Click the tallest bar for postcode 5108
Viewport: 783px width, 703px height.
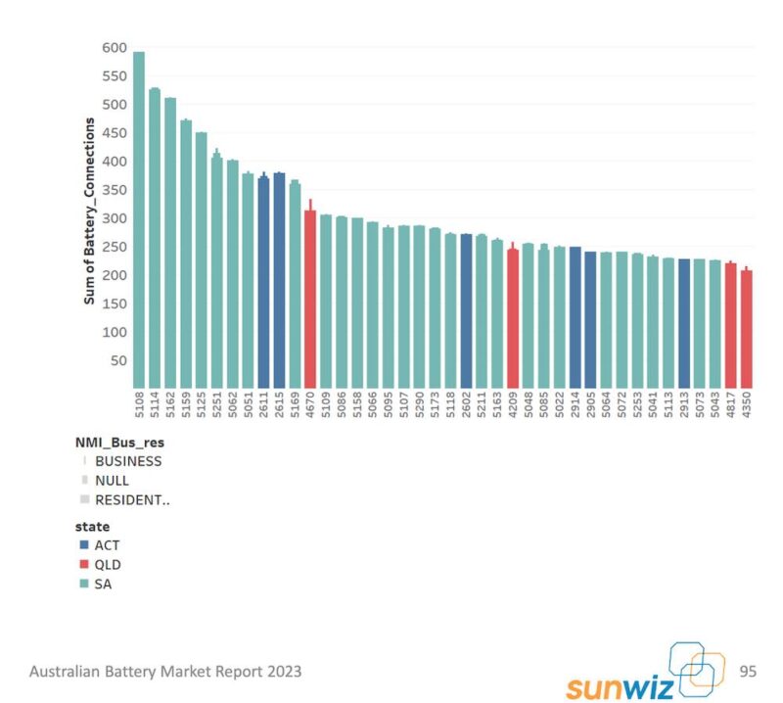(x=139, y=219)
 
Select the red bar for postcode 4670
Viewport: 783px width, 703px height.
(x=310, y=299)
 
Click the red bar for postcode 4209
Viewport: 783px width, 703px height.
(x=513, y=318)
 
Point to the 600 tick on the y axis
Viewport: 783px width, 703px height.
(x=114, y=48)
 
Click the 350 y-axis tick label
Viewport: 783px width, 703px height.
(x=114, y=190)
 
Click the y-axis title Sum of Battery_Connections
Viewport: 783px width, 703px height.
(x=89, y=211)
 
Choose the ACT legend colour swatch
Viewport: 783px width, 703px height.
(x=85, y=545)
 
